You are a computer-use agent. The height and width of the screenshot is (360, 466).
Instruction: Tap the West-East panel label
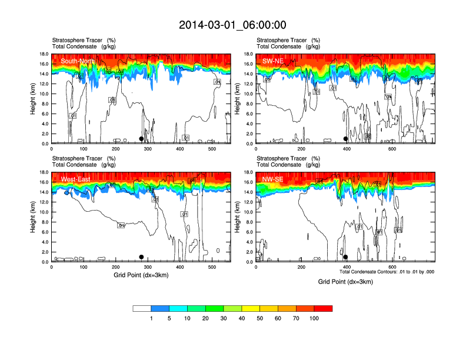75,179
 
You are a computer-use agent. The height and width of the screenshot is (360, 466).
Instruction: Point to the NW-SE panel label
274,179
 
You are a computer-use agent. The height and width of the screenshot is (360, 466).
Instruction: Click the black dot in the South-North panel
141,139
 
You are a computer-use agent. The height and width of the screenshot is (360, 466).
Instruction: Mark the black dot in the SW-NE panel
345,139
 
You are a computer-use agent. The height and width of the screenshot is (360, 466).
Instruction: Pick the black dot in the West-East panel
141,257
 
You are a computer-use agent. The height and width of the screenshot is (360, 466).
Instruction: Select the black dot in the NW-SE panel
345,257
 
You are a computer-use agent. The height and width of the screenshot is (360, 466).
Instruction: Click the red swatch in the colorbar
323,308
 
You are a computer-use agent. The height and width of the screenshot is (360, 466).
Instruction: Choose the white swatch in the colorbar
142,308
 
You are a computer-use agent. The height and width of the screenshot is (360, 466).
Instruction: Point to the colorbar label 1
151,318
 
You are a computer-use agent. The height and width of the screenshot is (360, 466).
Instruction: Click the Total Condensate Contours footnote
387,272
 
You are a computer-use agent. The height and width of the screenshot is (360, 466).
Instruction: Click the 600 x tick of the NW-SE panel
391,268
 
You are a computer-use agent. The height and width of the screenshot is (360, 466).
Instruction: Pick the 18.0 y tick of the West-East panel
42,172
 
